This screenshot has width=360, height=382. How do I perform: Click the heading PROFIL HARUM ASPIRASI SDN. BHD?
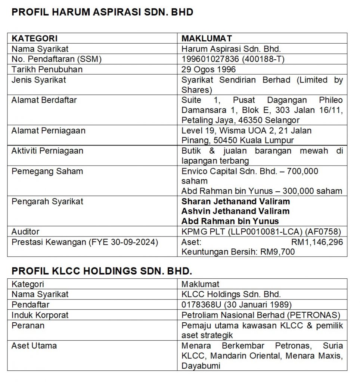102,12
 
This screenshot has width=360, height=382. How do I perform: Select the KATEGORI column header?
34,38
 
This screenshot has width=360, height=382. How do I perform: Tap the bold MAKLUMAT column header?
207,38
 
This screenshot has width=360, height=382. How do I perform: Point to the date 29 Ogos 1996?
209,69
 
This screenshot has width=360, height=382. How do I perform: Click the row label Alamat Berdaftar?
44,100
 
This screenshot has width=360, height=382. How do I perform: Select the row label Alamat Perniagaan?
48,131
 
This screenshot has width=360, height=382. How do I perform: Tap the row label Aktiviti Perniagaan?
47,151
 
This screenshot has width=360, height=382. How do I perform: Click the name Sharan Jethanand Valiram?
236,201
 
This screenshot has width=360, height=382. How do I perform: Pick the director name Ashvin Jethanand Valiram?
236,211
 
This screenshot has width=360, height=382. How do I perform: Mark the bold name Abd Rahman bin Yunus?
230,221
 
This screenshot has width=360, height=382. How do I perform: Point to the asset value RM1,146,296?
317,242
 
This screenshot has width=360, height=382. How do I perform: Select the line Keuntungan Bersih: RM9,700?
238,252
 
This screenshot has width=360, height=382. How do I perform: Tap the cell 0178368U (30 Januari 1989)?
237,304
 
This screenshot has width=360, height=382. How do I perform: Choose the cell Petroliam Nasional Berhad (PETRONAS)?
261,315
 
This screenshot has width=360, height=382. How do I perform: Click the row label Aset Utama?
34,345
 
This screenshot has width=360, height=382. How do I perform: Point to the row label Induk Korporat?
40,315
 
